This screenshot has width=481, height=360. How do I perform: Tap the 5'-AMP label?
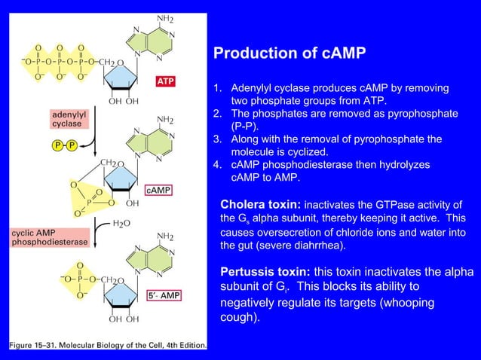point(164,296)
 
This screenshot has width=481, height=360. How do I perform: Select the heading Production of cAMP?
point(290,53)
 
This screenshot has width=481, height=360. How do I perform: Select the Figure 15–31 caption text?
point(106,345)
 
